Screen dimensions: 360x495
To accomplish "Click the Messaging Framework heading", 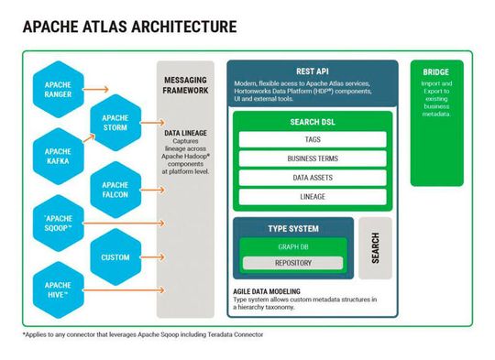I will (186, 86).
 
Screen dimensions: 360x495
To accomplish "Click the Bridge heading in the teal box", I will (435, 72).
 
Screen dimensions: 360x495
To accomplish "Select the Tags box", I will (313, 140).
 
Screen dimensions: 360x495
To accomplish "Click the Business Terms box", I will (313, 158).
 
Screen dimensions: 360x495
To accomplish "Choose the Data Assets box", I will (313, 178).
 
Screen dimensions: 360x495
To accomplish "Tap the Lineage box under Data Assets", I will (313, 196).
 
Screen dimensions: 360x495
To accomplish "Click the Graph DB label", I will (292, 246).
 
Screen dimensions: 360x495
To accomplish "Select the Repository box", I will (292, 264).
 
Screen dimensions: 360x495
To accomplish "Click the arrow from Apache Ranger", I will (96, 90).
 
